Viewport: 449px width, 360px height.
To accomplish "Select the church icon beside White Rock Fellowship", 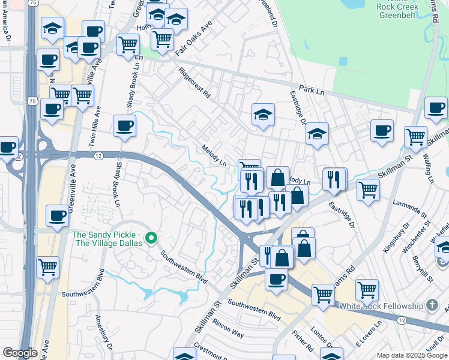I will coord(432,305).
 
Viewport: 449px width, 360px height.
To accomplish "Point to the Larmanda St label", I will coord(409,211).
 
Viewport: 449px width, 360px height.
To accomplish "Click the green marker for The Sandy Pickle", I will coord(152,239).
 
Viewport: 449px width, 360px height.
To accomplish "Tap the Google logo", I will coord(20,353).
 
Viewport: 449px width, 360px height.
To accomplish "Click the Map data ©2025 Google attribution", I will coord(412,355).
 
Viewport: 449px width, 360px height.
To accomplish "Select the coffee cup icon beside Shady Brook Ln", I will coord(124,126).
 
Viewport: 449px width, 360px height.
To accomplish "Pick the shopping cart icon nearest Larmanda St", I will coord(368,190).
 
